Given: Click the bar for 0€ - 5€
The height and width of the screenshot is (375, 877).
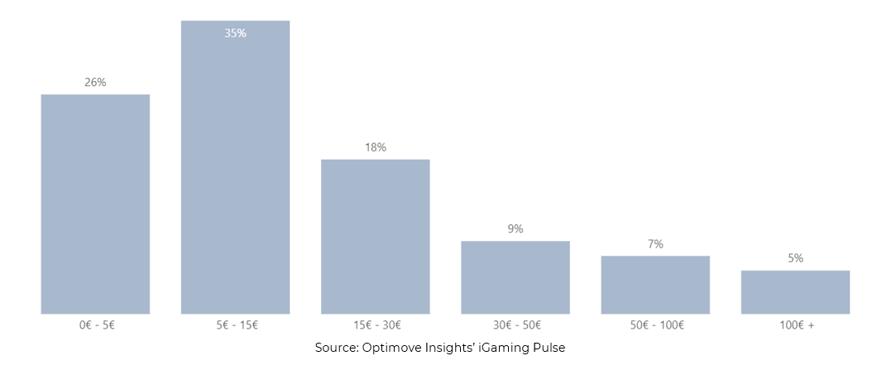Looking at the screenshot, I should (x=95, y=204).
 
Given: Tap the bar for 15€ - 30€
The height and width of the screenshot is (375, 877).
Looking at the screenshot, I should (x=375, y=236).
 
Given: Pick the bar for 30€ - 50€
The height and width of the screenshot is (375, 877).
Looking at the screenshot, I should (x=515, y=276).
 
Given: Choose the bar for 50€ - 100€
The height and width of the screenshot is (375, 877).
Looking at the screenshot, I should (x=655, y=284).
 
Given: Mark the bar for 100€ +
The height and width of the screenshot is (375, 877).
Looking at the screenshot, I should (x=795, y=291).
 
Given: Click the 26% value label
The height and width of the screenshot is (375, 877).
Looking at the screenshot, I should (x=95, y=82).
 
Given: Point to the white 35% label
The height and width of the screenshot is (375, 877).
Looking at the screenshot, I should (x=235, y=33).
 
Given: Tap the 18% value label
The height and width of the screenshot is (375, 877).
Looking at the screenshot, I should (x=375, y=147).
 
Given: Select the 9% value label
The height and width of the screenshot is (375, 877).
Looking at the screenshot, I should (x=515, y=228).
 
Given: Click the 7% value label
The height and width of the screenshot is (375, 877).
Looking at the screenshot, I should (x=655, y=244).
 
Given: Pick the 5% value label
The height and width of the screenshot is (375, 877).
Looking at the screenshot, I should (x=795, y=258).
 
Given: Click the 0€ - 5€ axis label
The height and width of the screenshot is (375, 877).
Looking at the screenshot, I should (x=96, y=325).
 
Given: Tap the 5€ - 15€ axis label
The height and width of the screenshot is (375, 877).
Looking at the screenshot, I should (x=236, y=325).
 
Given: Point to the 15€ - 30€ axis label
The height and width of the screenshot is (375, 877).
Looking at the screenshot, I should (x=376, y=325).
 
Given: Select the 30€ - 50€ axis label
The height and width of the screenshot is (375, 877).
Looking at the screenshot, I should (x=515, y=325).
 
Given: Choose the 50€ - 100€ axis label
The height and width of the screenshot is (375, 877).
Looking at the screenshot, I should (x=655, y=325).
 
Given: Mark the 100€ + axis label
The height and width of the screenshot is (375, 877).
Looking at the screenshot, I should (x=796, y=325).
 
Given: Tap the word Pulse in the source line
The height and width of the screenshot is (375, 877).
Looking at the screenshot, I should (x=548, y=349).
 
